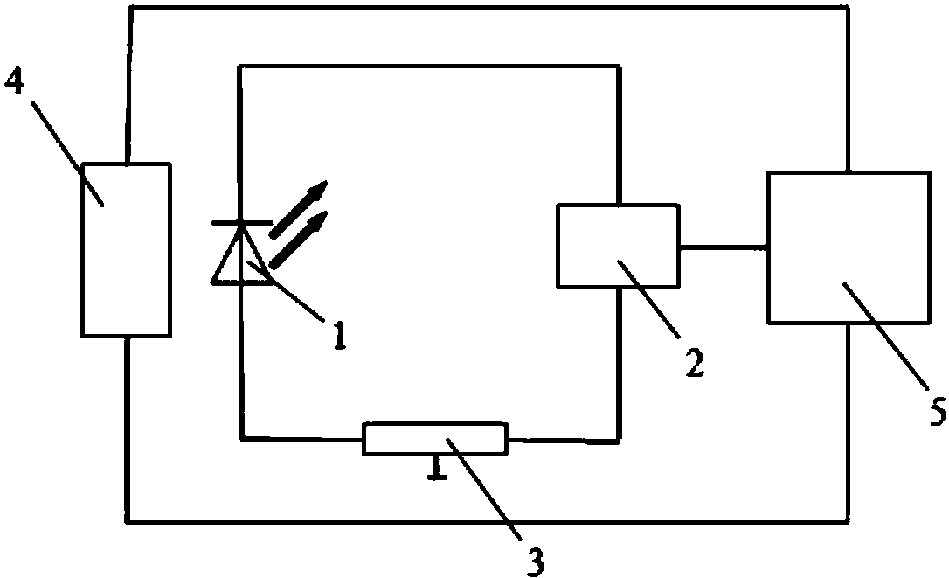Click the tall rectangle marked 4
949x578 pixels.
126,249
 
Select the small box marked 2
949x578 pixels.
617,246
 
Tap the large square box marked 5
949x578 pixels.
848,247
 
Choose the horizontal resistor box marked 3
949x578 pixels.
434,439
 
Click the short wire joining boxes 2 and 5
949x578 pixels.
722,247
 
